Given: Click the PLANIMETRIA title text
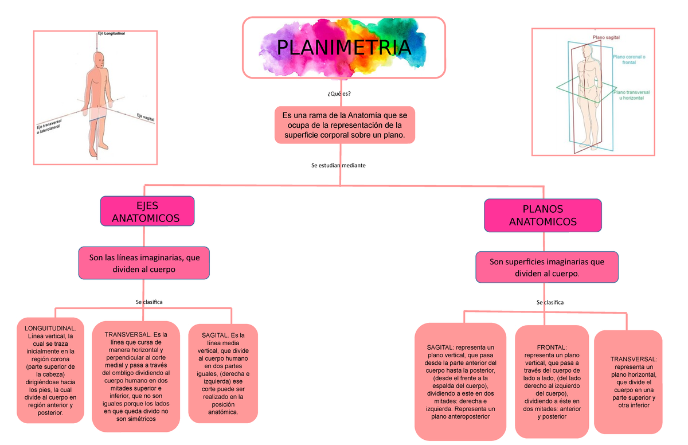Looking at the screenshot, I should click(343, 48).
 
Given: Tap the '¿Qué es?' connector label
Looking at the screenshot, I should click(339, 94).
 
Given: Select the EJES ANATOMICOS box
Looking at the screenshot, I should click(147, 212).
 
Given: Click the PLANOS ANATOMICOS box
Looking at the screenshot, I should click(542, 216).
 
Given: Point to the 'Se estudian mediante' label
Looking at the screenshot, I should click(338, 165).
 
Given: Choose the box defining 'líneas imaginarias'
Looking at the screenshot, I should click(144, 263).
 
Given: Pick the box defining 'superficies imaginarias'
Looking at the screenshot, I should click(546, 267).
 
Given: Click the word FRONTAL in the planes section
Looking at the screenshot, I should click(551, 348).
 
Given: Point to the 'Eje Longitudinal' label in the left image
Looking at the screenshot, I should click(111, 34).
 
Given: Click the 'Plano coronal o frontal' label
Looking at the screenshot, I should click(629, 60).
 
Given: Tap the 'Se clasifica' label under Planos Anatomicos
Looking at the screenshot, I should click(550, 302).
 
